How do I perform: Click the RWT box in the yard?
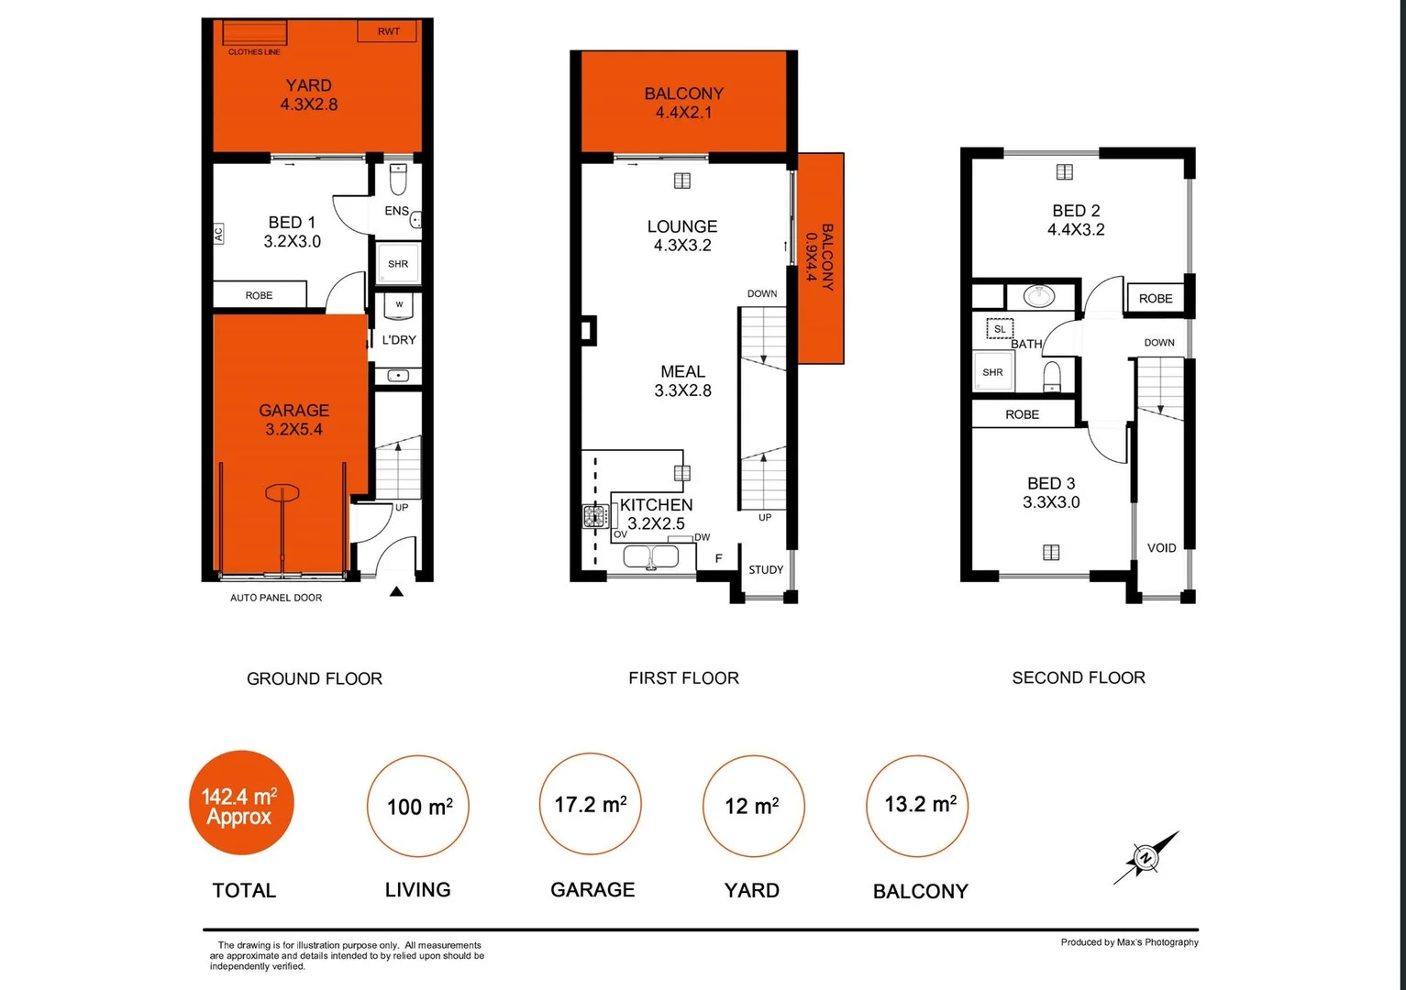point(388,31)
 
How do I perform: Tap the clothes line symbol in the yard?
point(254,33)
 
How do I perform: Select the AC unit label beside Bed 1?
point(218,235)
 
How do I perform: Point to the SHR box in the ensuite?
point(398,263)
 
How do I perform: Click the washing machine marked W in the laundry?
point(399,305)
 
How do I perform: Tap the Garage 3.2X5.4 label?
point(293,420)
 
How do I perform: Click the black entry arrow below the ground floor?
point(396,592)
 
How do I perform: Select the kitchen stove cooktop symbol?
point(595,517)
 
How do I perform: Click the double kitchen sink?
point(651,556)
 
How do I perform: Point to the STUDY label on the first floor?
point(766,569)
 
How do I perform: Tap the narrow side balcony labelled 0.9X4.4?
point(820,258)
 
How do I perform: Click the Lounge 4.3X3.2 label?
point(682,236)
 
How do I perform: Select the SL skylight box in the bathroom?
point(1000,328)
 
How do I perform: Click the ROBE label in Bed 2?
point(1156,298)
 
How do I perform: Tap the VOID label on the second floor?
point(1161,547)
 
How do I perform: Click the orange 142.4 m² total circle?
point(241,804)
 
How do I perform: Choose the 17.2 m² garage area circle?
point(591,804)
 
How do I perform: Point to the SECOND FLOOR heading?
point(1079,677)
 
